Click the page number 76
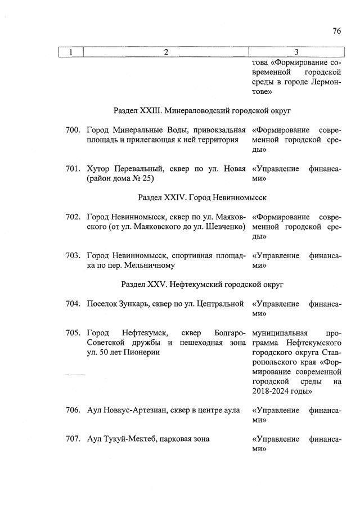tap(336, 31)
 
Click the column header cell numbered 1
tap(71, 52)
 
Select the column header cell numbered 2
tap(166, 52)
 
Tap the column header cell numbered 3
tap(296, 52)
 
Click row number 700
tap(73, 131)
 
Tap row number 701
tap(73, 169)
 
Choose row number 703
tap(73, 255)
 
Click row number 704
tap(73, 304)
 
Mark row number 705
tap(73, 332)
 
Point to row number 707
tap(73, 439)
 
